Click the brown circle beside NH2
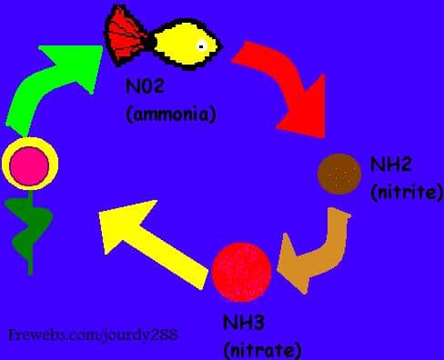coord(340,174)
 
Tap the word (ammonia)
coord(171,115)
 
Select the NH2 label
coord(391,165)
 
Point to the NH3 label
coord(245,323)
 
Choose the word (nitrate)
coord(261,350)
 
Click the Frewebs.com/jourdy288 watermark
coord(92,335)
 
